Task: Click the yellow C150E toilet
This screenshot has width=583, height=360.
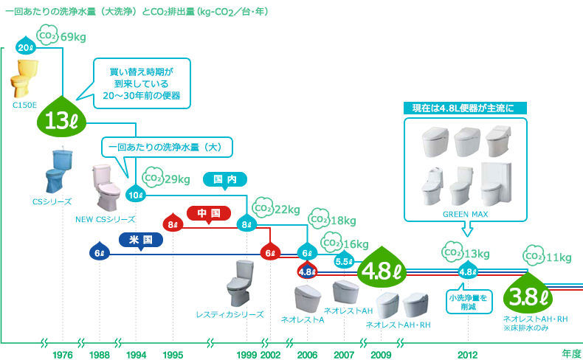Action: point(24,80)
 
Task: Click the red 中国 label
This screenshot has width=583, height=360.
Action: point(209,214)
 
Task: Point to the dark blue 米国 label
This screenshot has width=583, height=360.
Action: point(141,240)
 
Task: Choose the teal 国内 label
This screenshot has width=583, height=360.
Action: point(224,179)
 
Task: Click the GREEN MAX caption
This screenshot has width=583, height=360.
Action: point(466,215)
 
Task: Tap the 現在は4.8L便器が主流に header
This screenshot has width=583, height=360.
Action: point(467,109)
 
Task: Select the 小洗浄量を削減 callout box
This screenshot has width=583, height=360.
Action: point(467,302)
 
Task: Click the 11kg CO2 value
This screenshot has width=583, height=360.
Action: point(557,257)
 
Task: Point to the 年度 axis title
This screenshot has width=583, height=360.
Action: point(570,354)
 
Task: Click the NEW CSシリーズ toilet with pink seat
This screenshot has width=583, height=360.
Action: point(106,187)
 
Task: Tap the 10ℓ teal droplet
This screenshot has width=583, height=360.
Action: point(136,195)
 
